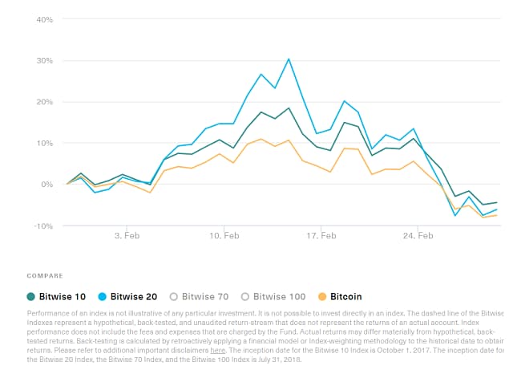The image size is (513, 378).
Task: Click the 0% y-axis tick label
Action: [x=46, y=185]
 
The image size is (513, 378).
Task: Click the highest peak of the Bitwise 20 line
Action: [x=289, y=59]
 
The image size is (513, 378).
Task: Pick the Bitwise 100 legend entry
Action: [x=277, y=296]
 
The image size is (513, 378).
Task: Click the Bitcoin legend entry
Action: [x=345, y=296]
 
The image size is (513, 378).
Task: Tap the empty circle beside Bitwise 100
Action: [x=245, y=296]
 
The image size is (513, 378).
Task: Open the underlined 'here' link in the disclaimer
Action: [x=217, y=351]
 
